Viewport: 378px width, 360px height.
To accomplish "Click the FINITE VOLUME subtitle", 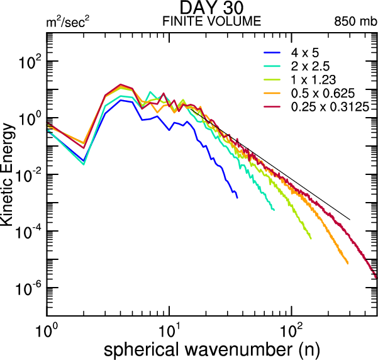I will tap(211, 21).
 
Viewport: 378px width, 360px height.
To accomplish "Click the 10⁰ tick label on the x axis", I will tap(47, 328).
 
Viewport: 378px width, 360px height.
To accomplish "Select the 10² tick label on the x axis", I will tap(291, 328).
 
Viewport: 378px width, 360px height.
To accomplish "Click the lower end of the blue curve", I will tap(237, 198).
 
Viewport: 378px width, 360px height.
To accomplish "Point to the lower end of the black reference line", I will tap(350, 220).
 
